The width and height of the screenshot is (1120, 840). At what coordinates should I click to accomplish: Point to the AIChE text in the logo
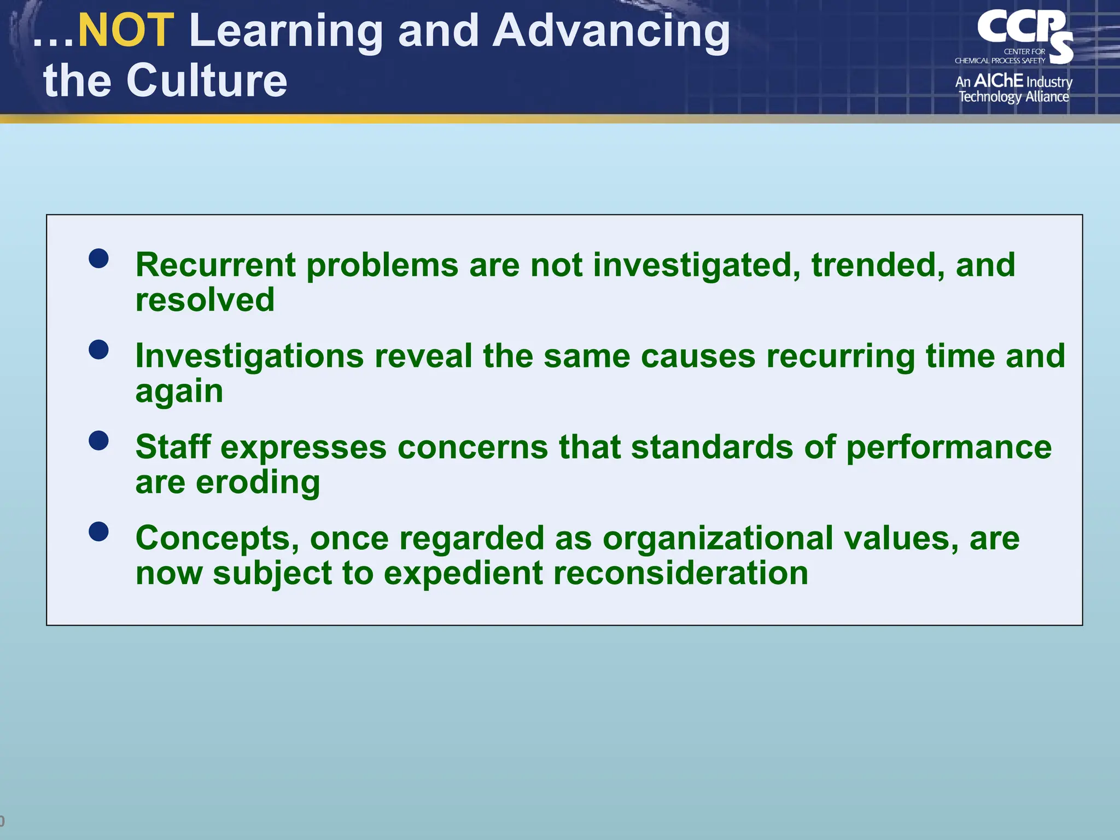999,81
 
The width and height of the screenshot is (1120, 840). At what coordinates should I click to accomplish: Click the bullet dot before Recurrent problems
98,258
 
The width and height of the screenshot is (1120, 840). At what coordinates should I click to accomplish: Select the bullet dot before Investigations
98,349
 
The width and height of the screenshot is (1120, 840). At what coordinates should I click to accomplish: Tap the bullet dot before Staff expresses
98,440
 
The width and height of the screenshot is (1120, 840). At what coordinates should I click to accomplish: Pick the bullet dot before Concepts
98,531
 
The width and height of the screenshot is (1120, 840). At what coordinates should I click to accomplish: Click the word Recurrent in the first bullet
215,265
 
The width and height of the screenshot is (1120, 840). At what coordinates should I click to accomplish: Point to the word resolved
205,300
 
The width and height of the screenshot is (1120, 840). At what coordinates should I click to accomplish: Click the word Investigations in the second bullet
249,357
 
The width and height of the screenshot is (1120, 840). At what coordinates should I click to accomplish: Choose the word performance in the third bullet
949,448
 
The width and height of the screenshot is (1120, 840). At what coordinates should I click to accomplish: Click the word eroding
258,482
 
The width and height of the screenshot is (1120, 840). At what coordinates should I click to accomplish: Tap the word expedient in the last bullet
463,574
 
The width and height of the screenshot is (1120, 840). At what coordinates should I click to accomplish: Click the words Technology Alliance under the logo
1013,97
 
